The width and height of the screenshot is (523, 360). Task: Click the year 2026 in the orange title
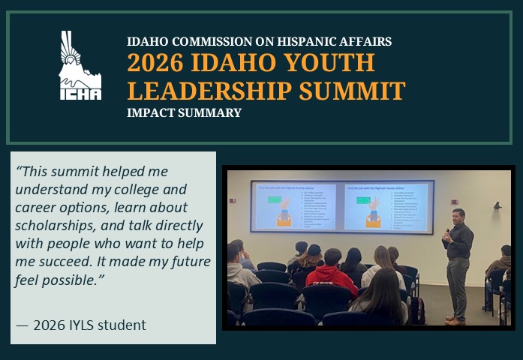(x=154, y=63)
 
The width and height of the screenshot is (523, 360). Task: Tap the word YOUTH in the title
(x=330, y=63)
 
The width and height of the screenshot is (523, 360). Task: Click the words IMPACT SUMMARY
(x=184, y=113)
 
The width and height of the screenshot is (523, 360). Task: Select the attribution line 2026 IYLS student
(x=81, y=325)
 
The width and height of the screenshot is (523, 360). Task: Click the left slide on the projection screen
(x=296, y=206)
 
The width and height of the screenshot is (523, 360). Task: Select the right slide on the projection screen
(x=385, y=206)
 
